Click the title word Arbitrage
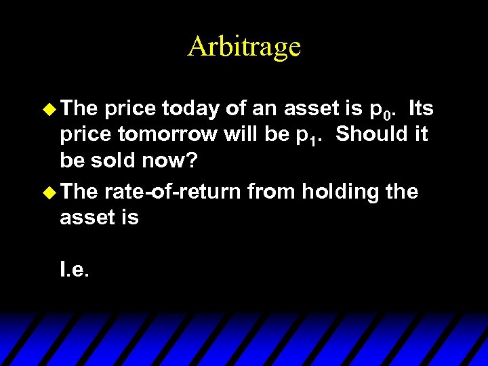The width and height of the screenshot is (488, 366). click(x=244, y=47)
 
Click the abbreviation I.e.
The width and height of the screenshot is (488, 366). click(x=75, y=271)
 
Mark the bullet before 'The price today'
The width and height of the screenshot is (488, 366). click(x=47, y=108)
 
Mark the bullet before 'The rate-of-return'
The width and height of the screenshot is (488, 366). click(x=47, y=191)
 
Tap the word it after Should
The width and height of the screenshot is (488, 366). click(x=420, y=134)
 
